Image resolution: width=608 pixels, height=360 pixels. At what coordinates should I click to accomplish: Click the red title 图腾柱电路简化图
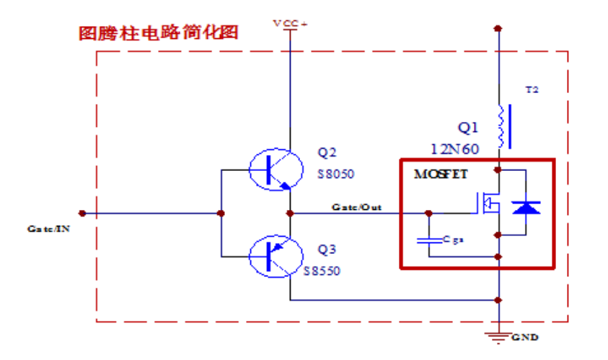(159, 34)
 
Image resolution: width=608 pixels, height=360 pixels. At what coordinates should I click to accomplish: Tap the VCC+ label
(289, 23)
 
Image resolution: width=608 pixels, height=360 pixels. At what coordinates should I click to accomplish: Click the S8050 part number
(336, 175)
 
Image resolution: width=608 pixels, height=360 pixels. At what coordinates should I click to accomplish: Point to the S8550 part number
(322, 272)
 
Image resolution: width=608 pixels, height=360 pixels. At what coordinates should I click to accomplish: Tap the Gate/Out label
(356, 206)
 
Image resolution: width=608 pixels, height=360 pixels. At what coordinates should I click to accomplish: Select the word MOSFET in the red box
(441, 175)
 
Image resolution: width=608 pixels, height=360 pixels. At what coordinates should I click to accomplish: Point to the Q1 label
(468, 128)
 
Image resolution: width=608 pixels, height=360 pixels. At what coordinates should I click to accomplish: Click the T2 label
(532, 90)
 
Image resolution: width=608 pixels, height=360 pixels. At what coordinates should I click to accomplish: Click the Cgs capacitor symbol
(429, 240)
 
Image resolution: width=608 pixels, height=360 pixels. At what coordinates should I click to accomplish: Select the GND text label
(525, 337)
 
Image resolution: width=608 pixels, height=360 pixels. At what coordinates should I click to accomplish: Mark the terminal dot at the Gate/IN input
(83, 214)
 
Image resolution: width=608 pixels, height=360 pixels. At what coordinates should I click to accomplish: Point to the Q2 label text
(327, 152)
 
